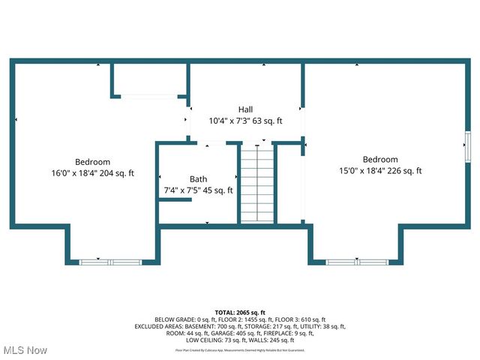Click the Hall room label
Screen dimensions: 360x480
[245, 109]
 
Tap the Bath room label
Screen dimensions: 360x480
[198, 179]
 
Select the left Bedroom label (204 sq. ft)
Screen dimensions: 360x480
[92, 162]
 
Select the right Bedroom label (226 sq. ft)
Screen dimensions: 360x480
[380, 159]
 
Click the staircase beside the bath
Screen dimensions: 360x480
[257, 184]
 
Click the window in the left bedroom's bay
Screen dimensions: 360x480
[109, 262]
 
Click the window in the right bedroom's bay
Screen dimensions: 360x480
[355, 262]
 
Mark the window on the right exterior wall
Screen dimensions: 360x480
[467, 145]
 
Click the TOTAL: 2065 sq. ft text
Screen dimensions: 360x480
[240, 312]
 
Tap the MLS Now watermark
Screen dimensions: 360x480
[25, 350]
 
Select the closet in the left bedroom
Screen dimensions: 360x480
[148, 79]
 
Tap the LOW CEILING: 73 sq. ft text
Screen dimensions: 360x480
[206, 340]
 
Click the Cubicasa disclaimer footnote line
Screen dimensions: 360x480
[240, 349]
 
